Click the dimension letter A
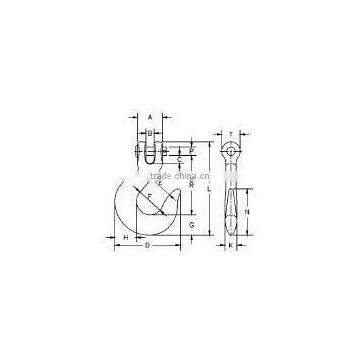(x=149, y=115)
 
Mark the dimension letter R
(x=191, y=186)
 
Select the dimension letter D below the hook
(x=148, y=244)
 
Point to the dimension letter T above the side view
(x=230, y=133)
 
